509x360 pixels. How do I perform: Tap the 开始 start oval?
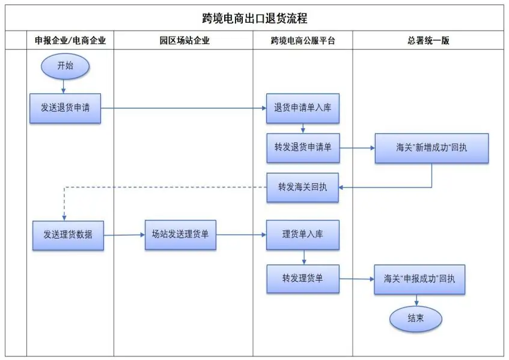[x=65, y=66]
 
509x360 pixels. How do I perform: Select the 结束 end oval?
[x=415, y=319]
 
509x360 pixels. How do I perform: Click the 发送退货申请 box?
[x=65, y=108]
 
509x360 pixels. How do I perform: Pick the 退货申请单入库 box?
[x=303, y=108]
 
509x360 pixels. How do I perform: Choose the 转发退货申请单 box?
[x=303, y=148]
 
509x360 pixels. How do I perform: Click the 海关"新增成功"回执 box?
[x=431, y=148]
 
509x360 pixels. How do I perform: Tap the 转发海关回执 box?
[x=303, y=187]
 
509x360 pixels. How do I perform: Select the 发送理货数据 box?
[x=68, y=235]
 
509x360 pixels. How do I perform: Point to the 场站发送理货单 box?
[x=180, y=235]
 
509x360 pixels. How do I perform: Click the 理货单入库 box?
[x=303, y=235]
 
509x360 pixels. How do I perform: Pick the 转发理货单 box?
[x=303, y=279]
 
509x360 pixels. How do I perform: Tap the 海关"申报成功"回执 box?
[x=419, y=279]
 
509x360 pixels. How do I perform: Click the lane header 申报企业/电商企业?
[x=70, y=41]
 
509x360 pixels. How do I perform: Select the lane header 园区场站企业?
[x=184, y=41]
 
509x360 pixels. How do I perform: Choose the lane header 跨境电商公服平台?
[x=303, y=41]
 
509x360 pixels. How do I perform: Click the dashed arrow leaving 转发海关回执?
[x=162, y=187]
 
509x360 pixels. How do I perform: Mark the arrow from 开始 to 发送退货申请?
[x=64, y=85]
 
